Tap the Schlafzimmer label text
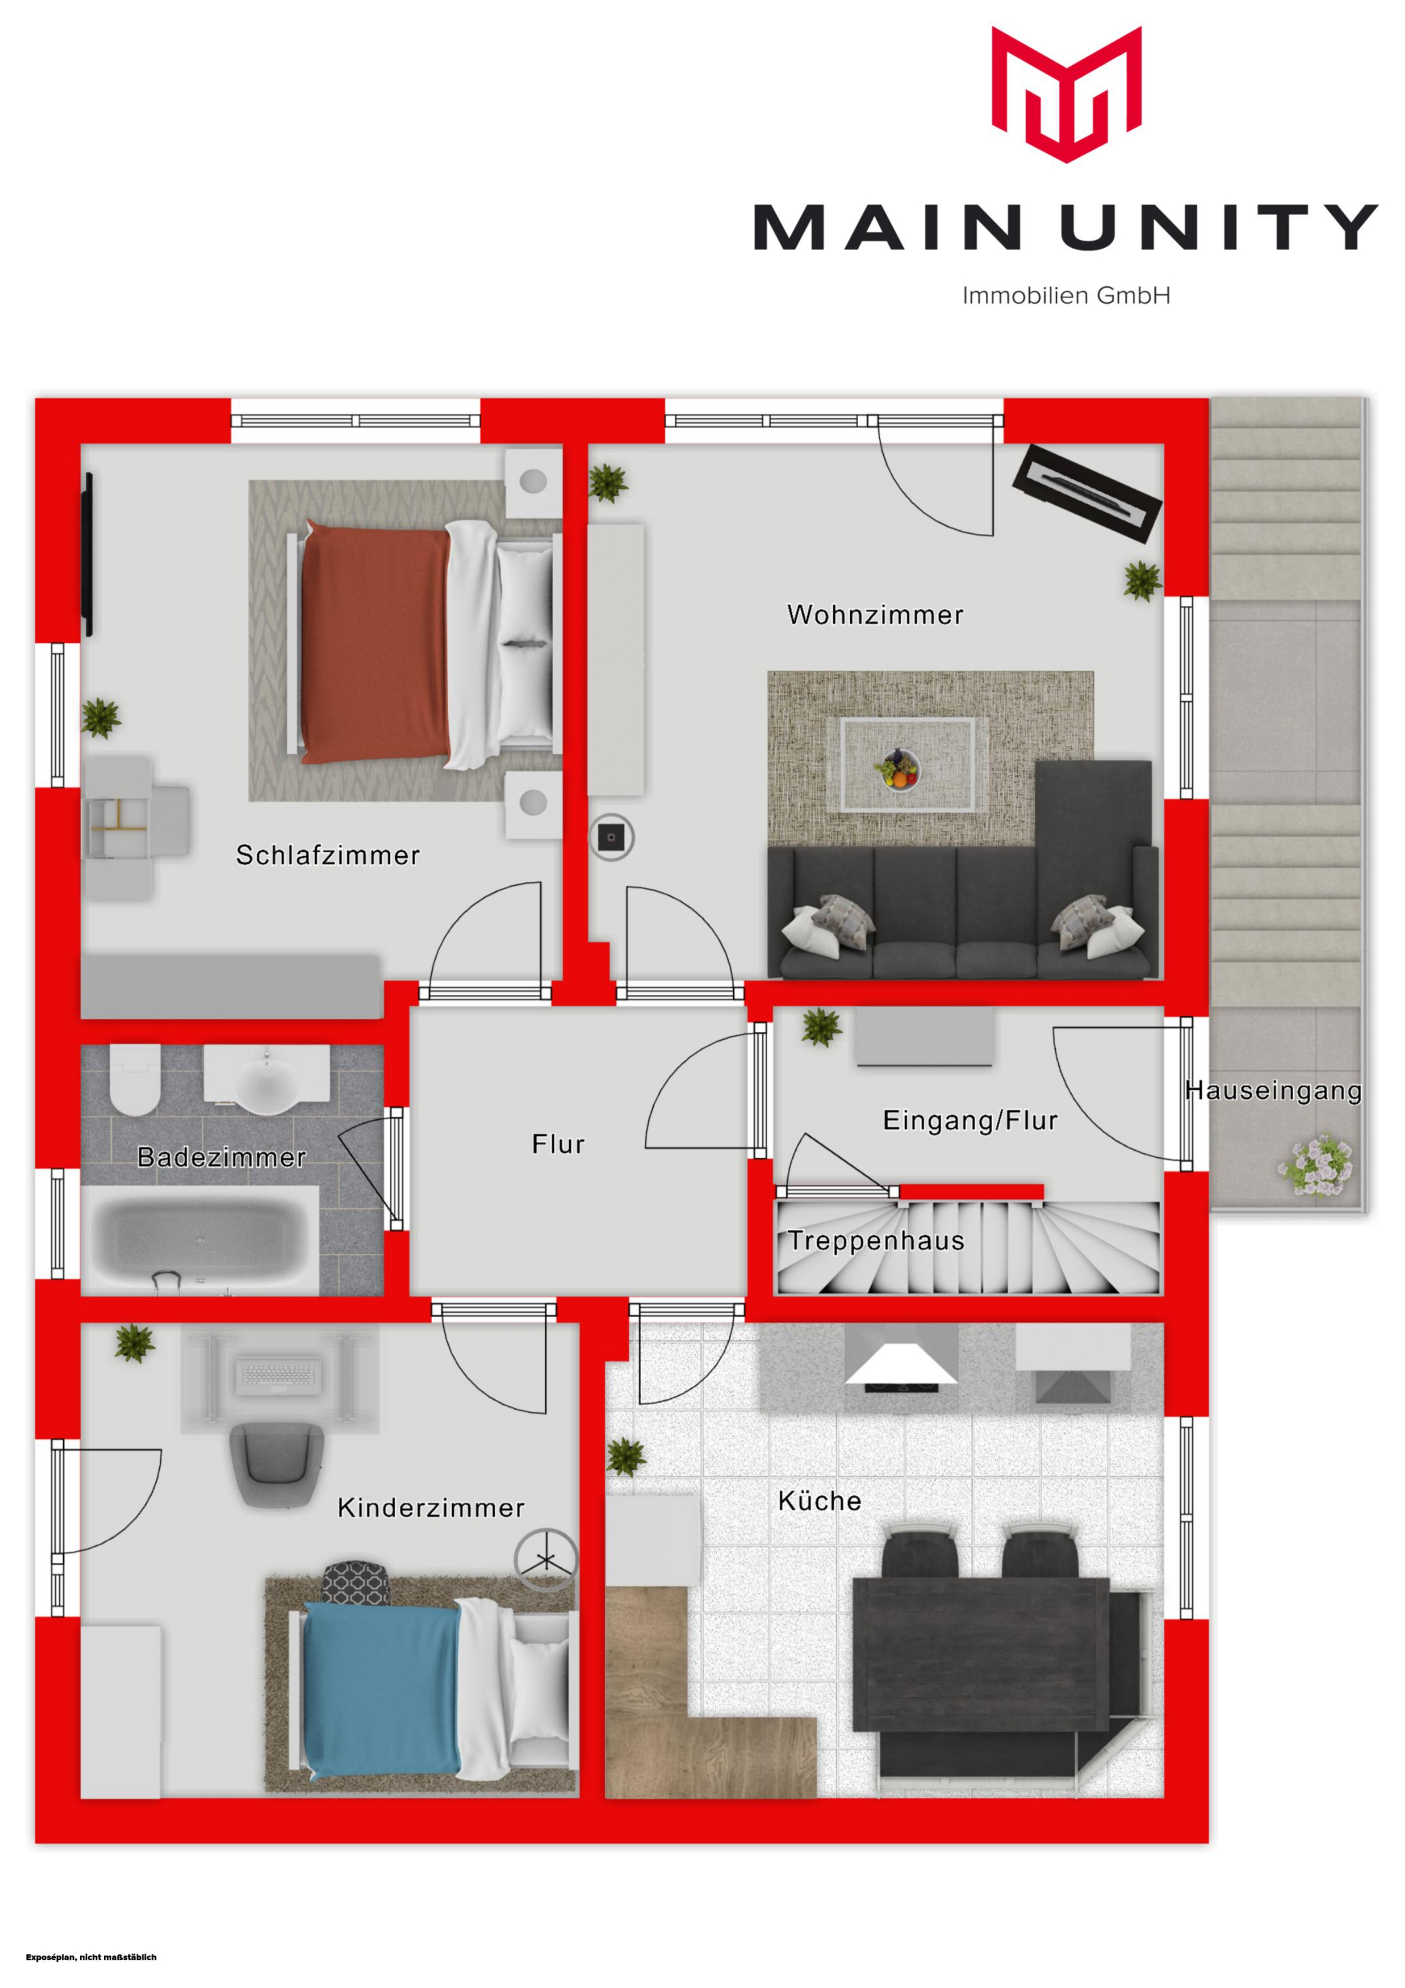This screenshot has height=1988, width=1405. [x=328, y=855]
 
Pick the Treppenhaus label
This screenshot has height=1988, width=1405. [x=876, y=1241]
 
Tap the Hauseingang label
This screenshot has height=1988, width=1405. [x=1274, y=1091]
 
